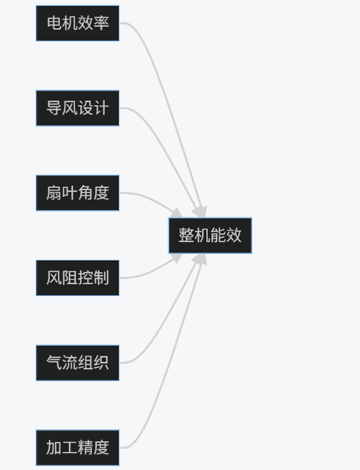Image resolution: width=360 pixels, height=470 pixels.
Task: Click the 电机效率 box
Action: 77,23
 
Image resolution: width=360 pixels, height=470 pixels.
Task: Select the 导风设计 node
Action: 77,108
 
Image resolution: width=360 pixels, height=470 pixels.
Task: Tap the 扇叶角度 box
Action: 77,193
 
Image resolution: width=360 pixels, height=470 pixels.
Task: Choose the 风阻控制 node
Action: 77,278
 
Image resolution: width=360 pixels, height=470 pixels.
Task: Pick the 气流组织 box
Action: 77,363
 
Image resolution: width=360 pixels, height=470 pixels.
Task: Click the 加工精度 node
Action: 77,448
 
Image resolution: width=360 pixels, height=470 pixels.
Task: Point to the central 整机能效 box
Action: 210,235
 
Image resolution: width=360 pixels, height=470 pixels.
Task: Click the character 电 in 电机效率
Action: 54,23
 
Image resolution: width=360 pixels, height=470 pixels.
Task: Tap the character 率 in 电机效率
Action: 101,23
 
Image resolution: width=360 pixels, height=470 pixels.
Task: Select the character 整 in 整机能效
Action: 187,235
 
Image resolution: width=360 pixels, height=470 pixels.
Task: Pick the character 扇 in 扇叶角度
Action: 54,193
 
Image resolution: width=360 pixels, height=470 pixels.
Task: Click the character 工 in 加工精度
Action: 70,448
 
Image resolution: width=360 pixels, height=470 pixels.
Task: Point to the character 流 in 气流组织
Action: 70,363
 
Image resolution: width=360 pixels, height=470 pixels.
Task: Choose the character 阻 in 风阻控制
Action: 70,278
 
